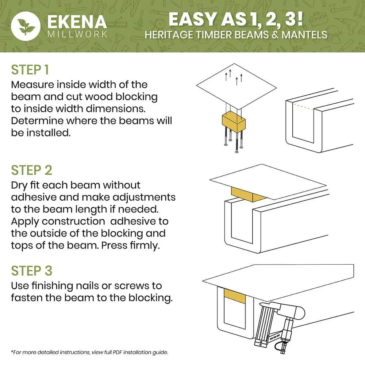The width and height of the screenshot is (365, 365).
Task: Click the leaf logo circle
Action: [26, 26]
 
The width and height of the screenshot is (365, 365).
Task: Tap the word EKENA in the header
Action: [77, 22]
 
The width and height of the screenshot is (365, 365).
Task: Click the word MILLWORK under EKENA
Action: [77, 34]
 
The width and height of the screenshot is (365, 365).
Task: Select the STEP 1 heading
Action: [30, 70]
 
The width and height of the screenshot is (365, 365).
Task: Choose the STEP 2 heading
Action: [31, 170]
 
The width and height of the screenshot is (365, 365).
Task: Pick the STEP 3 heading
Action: [32, 271]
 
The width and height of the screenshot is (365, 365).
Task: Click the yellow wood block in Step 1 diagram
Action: [234, 122]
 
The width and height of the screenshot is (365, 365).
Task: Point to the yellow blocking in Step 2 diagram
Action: [248, 195]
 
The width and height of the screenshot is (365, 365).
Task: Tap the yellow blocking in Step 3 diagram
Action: [235, 296]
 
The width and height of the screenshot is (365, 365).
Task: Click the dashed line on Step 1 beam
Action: [303, 107]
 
